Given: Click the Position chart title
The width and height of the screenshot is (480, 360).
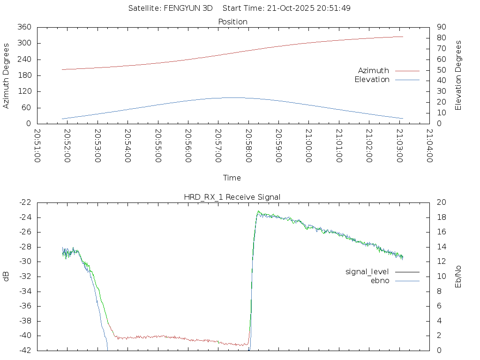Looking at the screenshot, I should click(233, 22).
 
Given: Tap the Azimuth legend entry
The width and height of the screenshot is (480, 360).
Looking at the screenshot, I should click(374, 70).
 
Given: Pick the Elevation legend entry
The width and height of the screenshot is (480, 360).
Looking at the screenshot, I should click(372, 80).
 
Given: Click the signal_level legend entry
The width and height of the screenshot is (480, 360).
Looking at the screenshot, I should click(367, 272).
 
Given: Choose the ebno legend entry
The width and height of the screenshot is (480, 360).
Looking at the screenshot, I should click(380, 281).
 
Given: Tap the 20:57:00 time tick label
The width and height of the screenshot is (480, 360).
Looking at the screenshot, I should click(218, 146).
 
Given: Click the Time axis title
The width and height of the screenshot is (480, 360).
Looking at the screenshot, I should click(232, 178).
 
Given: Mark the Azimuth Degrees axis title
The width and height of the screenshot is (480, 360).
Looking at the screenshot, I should click(6, 75).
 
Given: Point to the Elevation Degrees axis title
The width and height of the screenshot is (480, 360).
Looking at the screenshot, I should click(458, 75).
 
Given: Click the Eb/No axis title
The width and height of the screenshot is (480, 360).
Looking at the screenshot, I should click(458, 276).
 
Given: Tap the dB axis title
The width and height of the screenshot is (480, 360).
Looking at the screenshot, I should click(6, 276).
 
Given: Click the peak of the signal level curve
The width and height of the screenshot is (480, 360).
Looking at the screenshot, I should click(258, 212).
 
